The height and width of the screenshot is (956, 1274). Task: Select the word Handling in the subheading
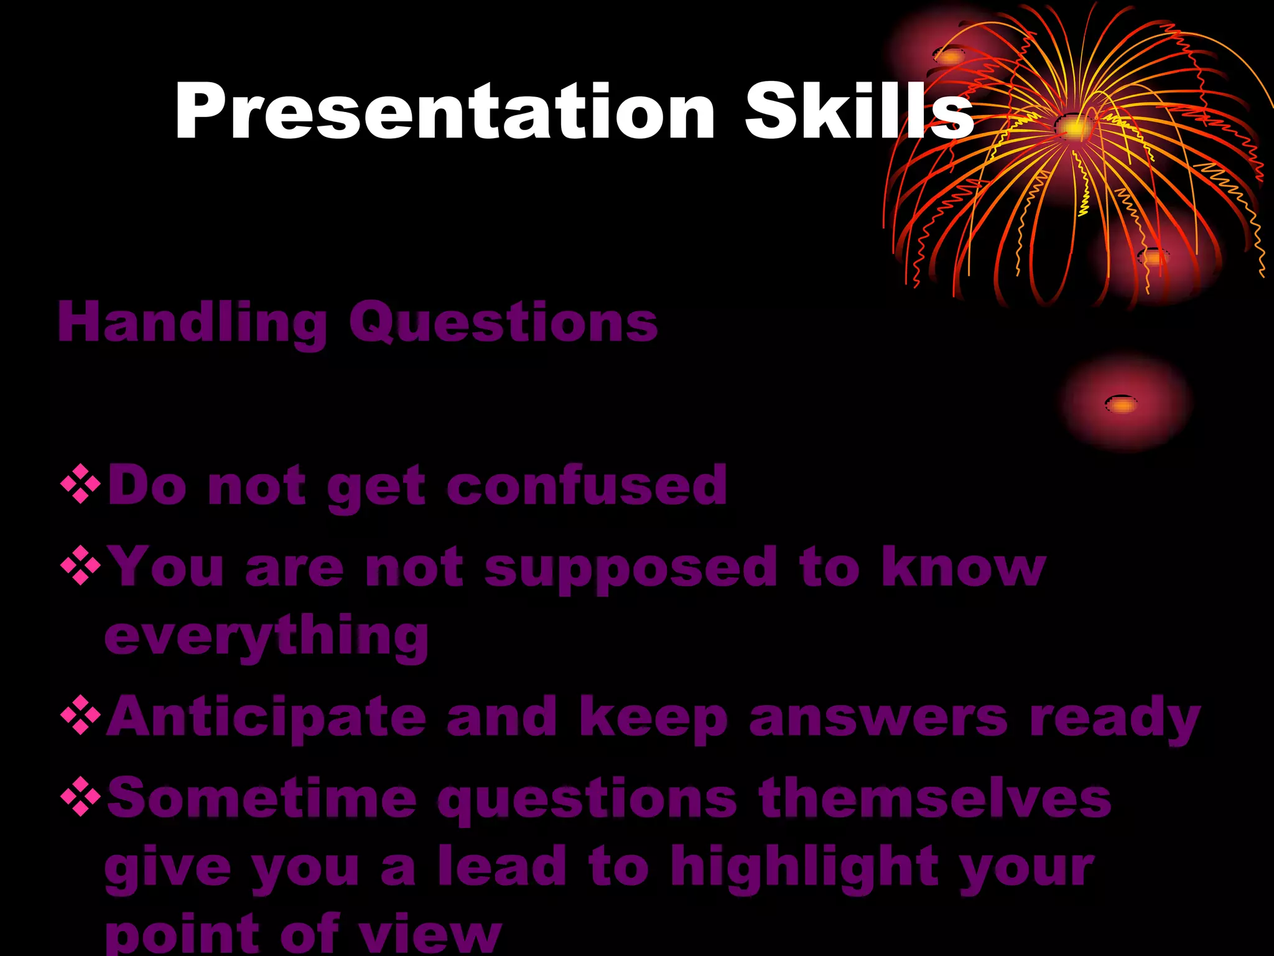tap(192, 323)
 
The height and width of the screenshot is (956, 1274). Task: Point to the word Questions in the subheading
tap(503, 323)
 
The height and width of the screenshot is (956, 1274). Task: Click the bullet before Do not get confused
tap(81, 483)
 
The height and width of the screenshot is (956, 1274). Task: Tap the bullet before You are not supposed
tap(81, 565)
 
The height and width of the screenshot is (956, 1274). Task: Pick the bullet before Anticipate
tap(81, 715)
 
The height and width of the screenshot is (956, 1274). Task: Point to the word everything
tap(267, 637)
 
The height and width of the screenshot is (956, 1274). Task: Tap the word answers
tap(878, 717)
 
